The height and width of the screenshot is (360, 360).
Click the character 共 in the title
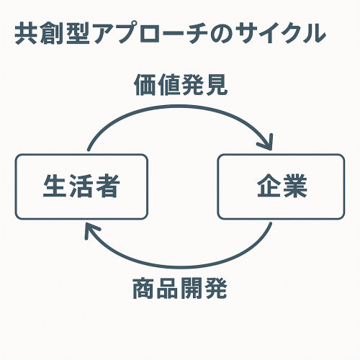(26, 33)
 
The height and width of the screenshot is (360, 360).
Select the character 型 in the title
(78, 33)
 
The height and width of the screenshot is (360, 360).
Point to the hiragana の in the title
(221, 34)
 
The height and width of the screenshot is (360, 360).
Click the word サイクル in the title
(280, 33)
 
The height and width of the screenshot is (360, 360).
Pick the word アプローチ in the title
(150, 33)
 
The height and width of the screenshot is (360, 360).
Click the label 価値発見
(181, 85)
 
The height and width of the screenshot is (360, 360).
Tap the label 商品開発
(180, 288)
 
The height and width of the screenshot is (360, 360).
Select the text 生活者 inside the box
(81, 186)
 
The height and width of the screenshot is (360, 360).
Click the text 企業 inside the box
(282, 186)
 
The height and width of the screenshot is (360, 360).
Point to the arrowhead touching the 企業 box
(267, 143)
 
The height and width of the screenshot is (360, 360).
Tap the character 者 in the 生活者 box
(107, 186)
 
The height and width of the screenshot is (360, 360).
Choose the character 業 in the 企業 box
(295, 186)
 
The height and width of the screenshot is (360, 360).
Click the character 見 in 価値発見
(216, 85)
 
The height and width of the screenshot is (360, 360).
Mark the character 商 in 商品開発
(144, 288)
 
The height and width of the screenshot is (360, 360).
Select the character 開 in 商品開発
(192, 288)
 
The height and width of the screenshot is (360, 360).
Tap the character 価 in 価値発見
(145, 85)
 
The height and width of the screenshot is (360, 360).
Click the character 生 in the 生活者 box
(55, 186)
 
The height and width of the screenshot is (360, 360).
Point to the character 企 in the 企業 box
(269, 186)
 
